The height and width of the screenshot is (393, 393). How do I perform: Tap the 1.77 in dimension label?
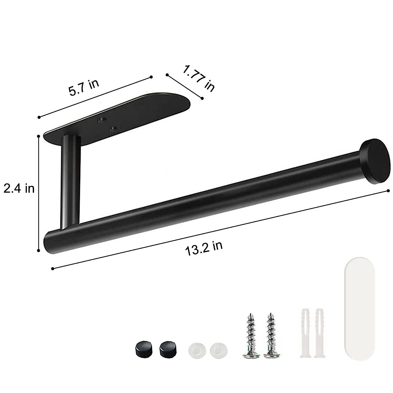pos(198,78)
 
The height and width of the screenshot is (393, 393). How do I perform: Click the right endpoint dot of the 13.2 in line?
pos(388,190)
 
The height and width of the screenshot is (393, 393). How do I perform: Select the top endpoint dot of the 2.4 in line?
pos(39,136)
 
